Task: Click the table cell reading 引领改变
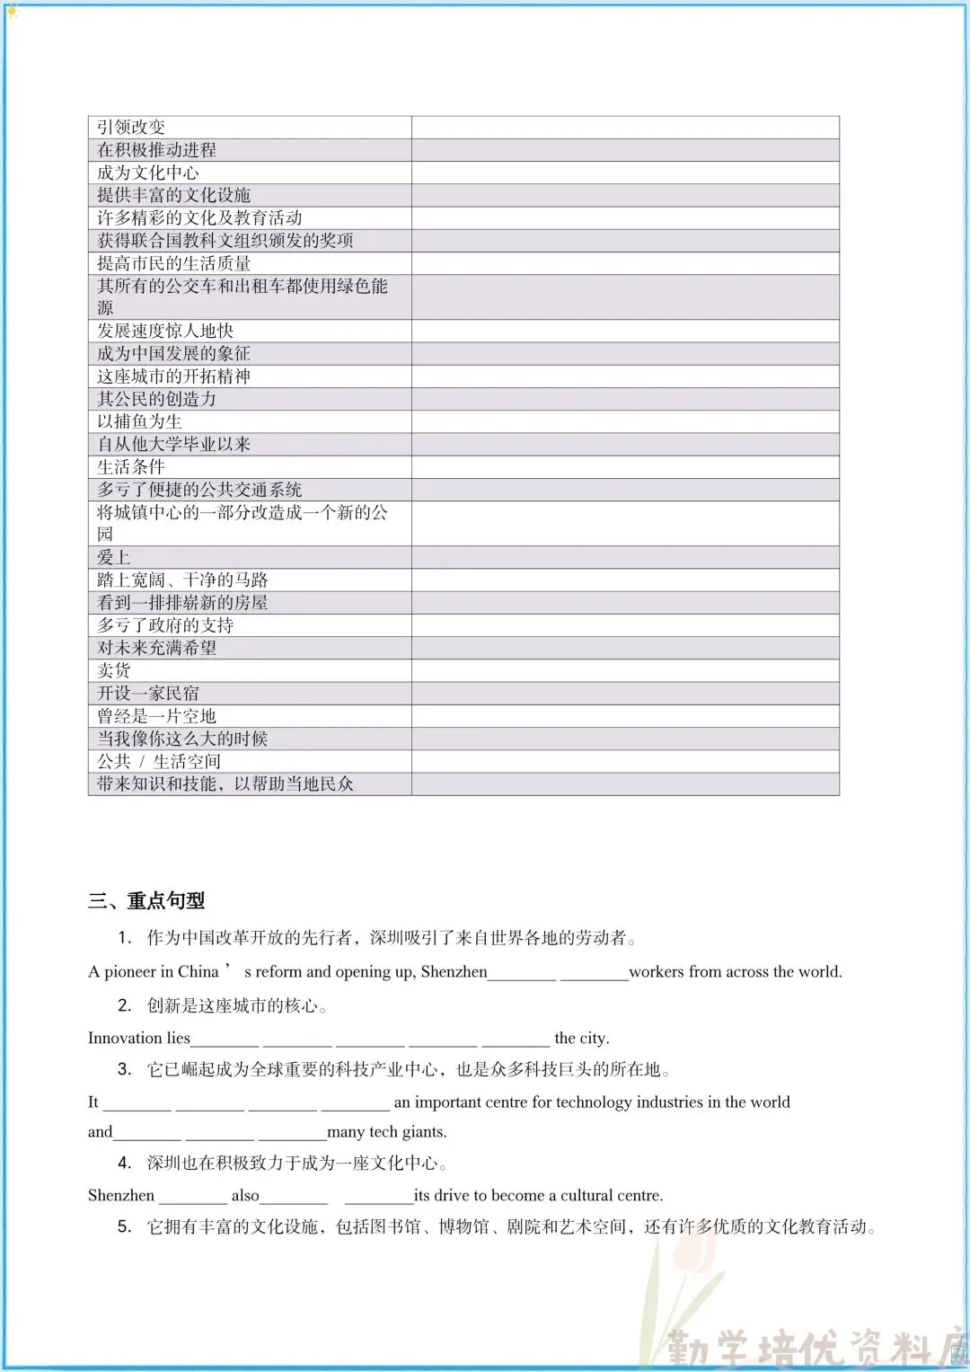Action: pyautogui.click(x=131, y=127)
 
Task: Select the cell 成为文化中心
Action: pyautogui.click(x=148, y=173)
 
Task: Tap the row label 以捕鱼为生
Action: pyautogui.click(x=139, y=421)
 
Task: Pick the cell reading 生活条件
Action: pyautogui.click(x=131, y=466)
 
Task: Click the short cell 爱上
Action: pyautogui.click(x=114, y=557)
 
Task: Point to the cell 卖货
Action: pyautogui.click(x=114, y=670)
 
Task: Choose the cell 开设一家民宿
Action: pyautogui.click(x=148, y=693)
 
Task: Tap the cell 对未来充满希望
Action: pyautogui.click(x=157, y=648)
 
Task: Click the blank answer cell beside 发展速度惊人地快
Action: pyautogui.click(x=625, y=331)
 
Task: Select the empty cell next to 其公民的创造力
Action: pyautogui.click(x=625, y=399)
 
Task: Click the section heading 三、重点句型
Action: pyautogui.click(x=146, y=900)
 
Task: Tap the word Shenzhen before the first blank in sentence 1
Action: pyautogui.click(x=454, y=971)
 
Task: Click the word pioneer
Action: pyautogui.click(x=130, y=971)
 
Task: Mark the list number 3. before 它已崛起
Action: pyautogui.click(x=125, y=1069)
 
